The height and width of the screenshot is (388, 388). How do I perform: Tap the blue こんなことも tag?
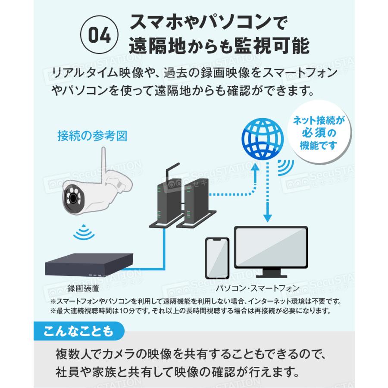[x=78, y=331]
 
